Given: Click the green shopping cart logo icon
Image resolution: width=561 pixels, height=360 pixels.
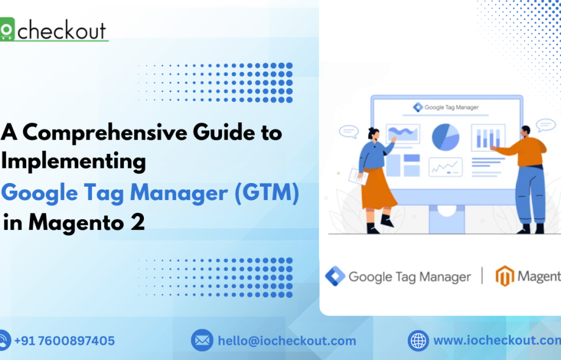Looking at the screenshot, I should pos(7,31).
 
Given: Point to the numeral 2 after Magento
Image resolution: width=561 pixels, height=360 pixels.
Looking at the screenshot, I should pos(138,223).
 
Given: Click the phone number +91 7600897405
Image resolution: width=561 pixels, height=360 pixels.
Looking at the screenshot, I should pos(64,340).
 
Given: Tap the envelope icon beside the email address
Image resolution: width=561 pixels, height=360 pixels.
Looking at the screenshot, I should pos(202,340).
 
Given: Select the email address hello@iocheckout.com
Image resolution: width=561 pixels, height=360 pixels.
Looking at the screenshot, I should pos(287,340).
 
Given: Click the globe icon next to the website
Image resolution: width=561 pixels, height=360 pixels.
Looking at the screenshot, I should pos(418,340).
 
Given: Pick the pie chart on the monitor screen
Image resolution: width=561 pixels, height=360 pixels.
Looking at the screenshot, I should pos(446,137).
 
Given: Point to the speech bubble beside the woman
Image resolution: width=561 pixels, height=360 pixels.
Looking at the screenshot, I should pos(348,131).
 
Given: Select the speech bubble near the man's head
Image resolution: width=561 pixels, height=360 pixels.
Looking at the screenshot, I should pos(545,125).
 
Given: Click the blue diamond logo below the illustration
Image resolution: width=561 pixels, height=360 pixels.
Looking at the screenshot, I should pos(335,276).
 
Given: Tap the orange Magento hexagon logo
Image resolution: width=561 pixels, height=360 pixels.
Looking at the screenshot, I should pos(504,276).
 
